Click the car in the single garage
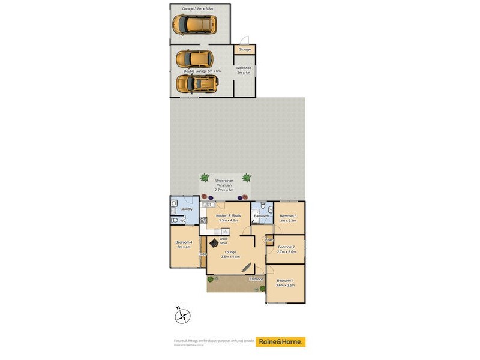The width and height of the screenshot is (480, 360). [x=194, y=25]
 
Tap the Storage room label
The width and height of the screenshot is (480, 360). [x=245, y=49]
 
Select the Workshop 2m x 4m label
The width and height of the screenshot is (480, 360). [x=244, y=70]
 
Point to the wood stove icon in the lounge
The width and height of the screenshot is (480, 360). [x=214, y=242]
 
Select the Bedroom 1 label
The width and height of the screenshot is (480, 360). [x=285, y=283]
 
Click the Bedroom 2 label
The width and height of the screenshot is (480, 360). [x=286, y=249]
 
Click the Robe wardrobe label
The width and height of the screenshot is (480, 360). [x=202, y=254]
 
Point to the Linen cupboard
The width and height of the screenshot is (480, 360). [x=269, y=240]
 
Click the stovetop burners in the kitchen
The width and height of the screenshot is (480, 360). [x=203, y=220]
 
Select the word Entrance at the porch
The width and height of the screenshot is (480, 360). [x=256, y=279]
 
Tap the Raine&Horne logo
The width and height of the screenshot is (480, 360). [x=281, y=341]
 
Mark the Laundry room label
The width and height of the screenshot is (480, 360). [x=186, y=209]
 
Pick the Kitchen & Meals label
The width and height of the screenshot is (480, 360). [x=223, y=217]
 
